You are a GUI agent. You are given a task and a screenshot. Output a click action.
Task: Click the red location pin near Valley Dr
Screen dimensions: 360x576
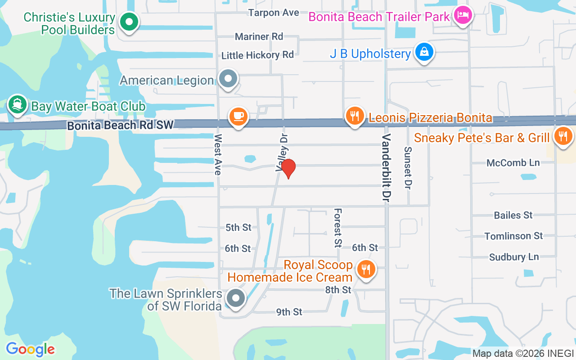coord(288,168)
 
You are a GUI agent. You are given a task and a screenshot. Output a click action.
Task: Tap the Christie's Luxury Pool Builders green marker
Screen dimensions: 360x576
coord(129,21)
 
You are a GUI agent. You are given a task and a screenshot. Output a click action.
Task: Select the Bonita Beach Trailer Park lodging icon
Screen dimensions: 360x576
coord(462,16)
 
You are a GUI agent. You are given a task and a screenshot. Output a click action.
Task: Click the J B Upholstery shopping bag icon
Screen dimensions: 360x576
coord(424,52)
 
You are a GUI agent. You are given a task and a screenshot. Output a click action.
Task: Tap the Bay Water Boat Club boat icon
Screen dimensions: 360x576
coord(17,105)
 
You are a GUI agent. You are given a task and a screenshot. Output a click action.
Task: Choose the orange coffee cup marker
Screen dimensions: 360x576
coord(238,117)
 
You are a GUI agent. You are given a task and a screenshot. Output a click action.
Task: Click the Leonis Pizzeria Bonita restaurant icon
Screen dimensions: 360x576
coord(355,117)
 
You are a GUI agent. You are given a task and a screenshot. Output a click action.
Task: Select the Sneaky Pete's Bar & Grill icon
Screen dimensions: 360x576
coord(562,136)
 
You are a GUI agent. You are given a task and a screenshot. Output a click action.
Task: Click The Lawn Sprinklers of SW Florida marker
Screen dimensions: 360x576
coord(235,298)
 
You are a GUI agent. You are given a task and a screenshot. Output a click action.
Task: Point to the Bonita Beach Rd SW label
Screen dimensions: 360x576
coord(120,126)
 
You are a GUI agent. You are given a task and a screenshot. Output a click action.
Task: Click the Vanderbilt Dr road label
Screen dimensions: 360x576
coord(386,169)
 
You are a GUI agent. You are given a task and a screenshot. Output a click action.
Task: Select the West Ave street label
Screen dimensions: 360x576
coord(218,154)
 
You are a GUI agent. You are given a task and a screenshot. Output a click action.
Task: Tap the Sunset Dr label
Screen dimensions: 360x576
coord(408,167)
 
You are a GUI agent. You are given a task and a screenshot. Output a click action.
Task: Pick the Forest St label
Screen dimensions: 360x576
coord(337,228)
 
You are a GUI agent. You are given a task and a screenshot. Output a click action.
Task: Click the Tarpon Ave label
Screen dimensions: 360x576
coord(274,13)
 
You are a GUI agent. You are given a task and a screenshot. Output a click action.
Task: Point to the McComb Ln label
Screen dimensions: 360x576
coord(513,163)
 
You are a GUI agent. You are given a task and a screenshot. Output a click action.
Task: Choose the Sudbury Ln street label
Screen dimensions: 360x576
coord(514,257)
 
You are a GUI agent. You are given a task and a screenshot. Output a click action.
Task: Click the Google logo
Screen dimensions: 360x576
coord(30,349)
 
